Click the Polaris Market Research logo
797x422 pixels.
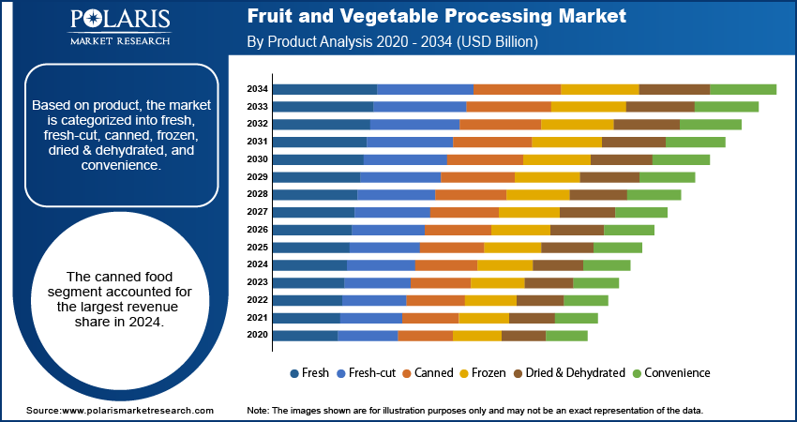(x=119, y=28)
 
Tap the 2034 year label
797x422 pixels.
(x=258, y=89)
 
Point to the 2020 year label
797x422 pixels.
(x=258, y=335)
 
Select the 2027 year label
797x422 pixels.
(x=258, y=212)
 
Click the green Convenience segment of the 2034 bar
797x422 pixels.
(x=743, y=89)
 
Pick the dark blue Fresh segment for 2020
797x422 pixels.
(x=306, y=335)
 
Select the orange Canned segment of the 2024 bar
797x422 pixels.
(x=446, y=264)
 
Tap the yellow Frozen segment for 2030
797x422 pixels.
(x=557, y=159)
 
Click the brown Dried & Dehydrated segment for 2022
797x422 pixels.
(x=540, y=300)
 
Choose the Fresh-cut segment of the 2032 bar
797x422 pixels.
(x=414, y=124)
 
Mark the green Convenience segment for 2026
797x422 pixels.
(x=629, y=230)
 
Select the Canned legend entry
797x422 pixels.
(x=429, y=372)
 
